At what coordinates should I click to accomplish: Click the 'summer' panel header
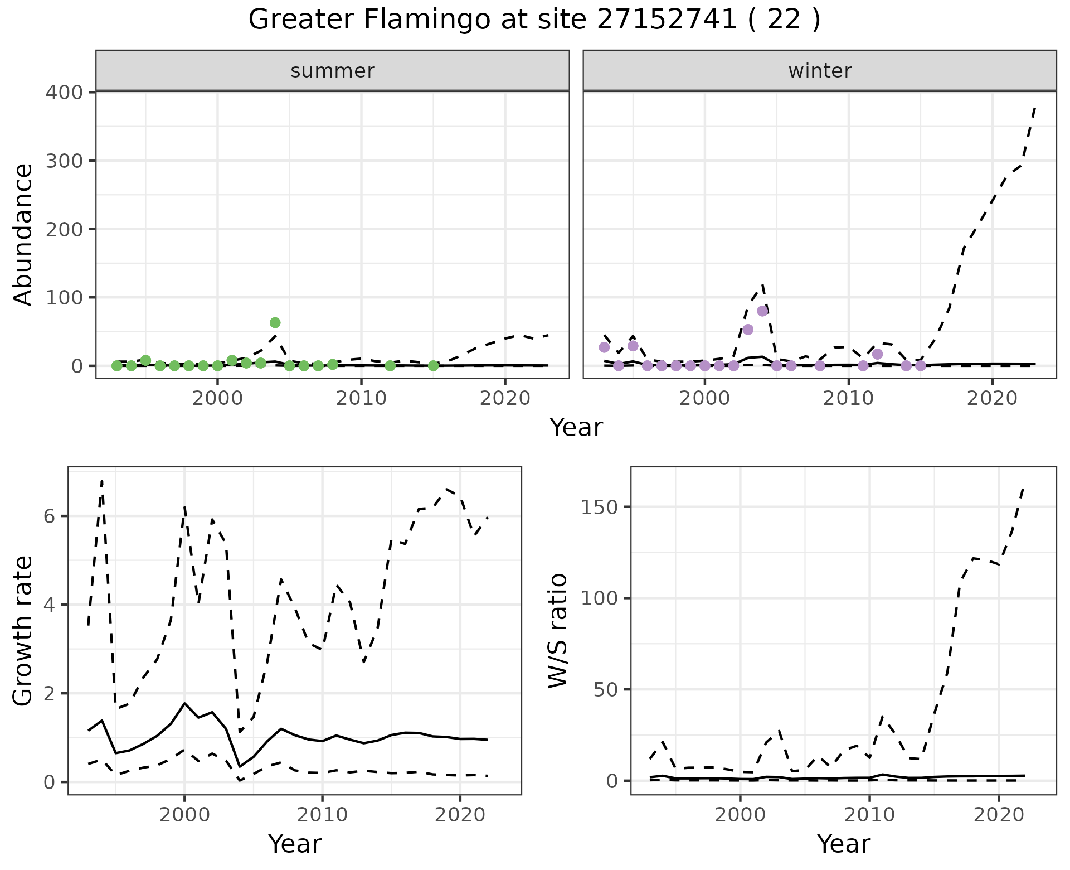pos(333,71)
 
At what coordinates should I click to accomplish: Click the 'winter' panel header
pos(820,71)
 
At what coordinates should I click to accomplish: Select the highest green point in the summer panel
pos(275,323)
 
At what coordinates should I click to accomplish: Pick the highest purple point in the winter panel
pos(762,311)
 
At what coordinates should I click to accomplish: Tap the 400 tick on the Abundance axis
pos(64,92)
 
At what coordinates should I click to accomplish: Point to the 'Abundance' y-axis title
pos(23,234)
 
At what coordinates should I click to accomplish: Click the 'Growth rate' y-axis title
pos(23,631)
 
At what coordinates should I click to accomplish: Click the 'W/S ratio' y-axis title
pos(558,631)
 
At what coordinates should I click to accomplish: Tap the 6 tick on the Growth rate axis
pos(50,516)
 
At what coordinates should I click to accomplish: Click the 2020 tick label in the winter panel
pos(992,399)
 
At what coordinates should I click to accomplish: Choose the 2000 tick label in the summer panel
pos(217,399)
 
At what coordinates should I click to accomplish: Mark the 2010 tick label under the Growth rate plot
pos(322,815)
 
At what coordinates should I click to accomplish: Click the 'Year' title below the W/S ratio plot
pos(843,844)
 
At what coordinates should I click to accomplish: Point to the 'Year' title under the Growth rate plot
pos(295,844)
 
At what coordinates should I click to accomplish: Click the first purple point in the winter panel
pos(604,347)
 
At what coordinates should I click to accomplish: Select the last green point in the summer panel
pos(433,366)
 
